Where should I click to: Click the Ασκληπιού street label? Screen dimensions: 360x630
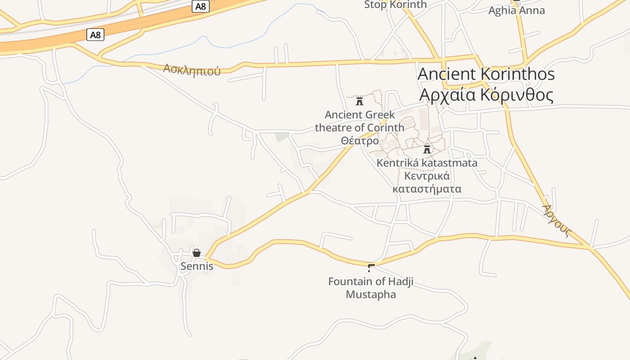point(192,70)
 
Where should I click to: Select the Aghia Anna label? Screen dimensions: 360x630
point(517,10)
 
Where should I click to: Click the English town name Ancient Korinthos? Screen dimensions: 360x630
point(486,74)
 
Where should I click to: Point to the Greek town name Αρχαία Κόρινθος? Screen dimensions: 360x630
point(486,95)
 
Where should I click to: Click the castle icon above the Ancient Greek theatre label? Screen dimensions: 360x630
point(360,101)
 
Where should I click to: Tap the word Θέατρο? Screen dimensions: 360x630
point(360,141)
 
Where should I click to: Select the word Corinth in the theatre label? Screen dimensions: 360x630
point(386,128)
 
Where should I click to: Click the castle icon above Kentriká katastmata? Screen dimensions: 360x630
point(427,149)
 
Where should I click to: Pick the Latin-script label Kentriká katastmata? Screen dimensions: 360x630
point(427,163)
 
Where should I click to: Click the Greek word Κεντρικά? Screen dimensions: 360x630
point(427,176)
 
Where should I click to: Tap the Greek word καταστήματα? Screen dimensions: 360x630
point(427,189)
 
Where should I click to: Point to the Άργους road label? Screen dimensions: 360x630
point(557,221)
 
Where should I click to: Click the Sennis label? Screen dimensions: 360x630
point(197,266)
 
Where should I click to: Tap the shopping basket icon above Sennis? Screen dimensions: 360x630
point(197,253)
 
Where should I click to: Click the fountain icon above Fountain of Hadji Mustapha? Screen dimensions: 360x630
point(371,268)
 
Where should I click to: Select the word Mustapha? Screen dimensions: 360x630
point(371,295)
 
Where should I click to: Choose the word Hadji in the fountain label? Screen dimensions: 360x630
point(400,282)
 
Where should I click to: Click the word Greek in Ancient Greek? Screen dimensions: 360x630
point(381,115)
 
